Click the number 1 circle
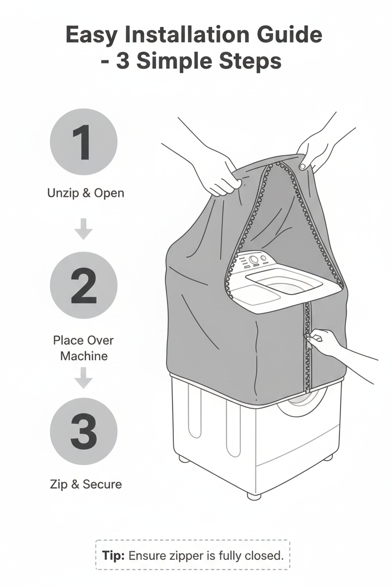(x=84, y=142)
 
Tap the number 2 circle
(x=84, y=286)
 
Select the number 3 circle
(x=84, y=431)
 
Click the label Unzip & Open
(x=86, y=193)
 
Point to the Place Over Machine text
(x=83, y=348)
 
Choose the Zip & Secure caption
(x=86, y=484)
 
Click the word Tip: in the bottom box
(x=114, y=555)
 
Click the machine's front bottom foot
(x=254, y=495)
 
